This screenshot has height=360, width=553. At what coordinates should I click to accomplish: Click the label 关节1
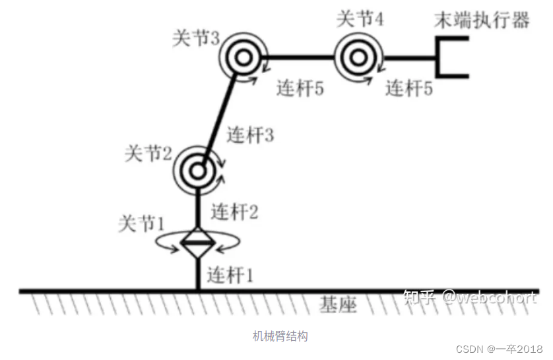tap(140, 224)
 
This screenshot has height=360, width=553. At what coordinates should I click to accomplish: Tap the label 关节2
tap(148, 155)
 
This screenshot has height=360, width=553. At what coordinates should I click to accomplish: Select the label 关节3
tap(195, 38)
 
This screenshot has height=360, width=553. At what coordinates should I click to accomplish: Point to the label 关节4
tap(360, 18)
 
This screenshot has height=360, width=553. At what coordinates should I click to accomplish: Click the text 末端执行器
tap(482, 20)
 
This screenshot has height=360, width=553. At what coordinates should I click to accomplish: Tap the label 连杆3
tap(250, 135)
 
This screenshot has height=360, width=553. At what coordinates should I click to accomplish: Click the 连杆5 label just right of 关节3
tap(300, 88)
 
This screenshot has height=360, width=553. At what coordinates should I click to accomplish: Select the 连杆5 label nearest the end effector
tap(409, 88)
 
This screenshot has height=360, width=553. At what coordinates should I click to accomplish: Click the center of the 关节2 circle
tap(198, 170)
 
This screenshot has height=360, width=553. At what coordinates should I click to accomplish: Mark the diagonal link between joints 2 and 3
tap(220, 113)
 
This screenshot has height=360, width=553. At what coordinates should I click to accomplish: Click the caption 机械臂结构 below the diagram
tap(280, 336)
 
